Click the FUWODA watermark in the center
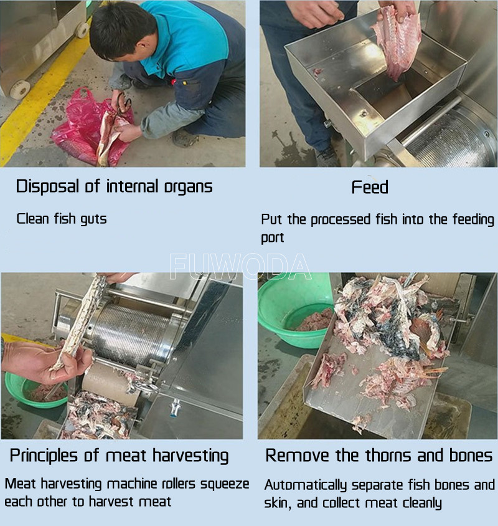[x=240, y=267]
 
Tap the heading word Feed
[x=370, y=187]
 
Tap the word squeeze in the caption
[x=225, y=484]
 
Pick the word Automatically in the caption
[x=305, y=485]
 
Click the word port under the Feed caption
[x=272, y=238]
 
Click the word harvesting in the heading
[x=190, y=456]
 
